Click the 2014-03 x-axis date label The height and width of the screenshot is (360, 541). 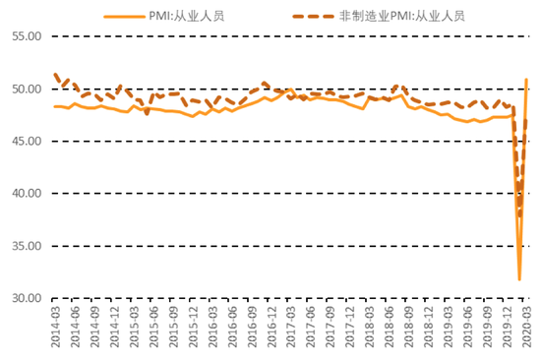pyautogui.click(x=55, y=330)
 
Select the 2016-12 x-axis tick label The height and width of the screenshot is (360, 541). pyautogui.click(x=270, y=330)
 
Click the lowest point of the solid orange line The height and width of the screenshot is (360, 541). pyautogui.click(x=519, y=279)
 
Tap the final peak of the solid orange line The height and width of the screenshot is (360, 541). pyautogui.click(x=526, y=80)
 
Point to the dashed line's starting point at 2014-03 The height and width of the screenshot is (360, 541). pyautogui.click(x=55, y=75)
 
